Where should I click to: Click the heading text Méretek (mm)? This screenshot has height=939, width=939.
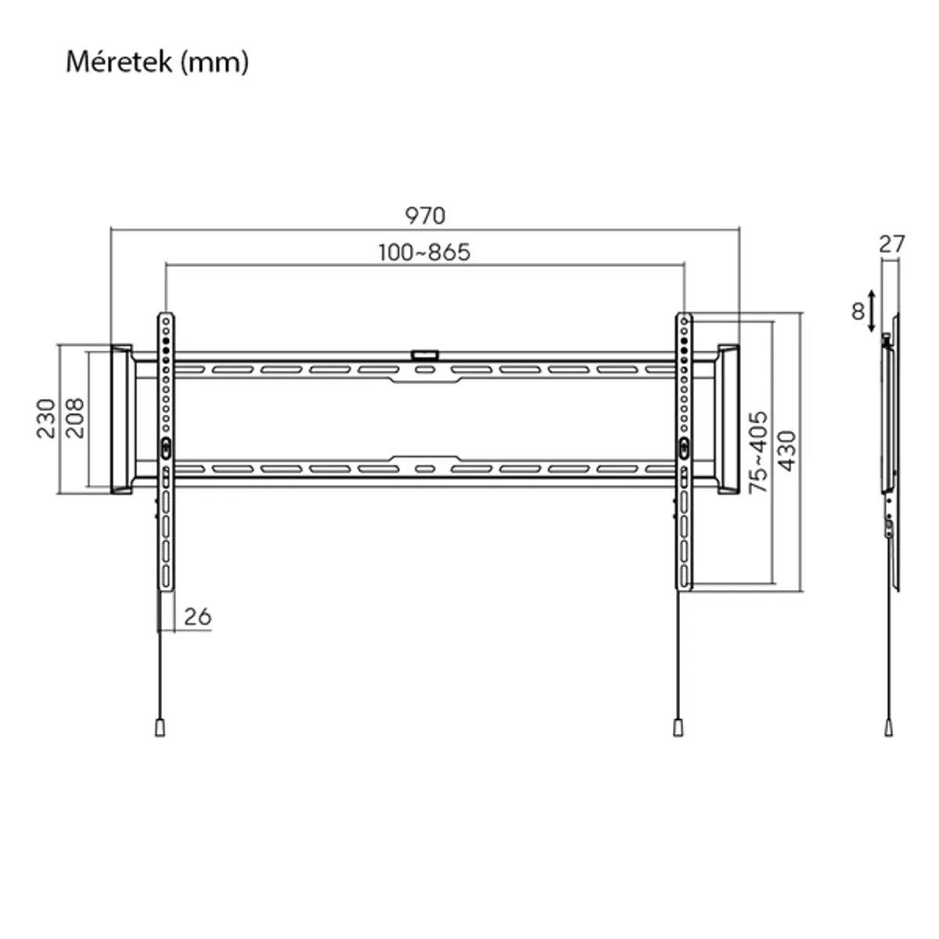157,62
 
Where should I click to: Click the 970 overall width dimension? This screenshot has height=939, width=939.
425,215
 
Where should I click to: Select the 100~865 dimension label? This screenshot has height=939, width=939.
425,253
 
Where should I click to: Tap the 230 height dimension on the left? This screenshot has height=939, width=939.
46,418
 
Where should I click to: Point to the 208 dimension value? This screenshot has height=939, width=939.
74,418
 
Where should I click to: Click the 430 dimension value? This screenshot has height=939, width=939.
786,451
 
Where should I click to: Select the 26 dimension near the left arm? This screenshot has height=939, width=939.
198,617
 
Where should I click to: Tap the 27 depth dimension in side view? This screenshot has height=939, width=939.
891,244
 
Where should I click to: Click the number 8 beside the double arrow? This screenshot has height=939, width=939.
858,311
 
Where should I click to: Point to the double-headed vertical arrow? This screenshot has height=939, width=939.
872,311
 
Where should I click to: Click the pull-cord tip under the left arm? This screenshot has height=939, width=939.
160,727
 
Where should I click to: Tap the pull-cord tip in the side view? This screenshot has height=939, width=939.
889,727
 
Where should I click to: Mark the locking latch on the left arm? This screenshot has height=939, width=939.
166,447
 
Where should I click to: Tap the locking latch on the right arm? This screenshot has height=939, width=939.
683,447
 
